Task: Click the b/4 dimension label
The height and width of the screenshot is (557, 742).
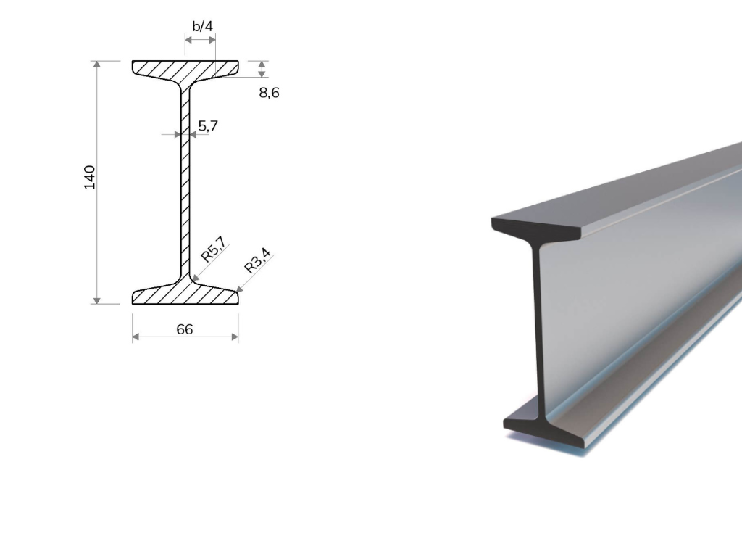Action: point(203,26)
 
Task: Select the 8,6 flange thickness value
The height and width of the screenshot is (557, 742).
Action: point(269,93)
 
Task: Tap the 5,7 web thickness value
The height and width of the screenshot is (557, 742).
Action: point(208,126)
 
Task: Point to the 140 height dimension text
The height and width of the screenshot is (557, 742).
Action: point(89,178)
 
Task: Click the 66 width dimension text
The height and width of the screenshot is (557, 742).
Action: point(185,329)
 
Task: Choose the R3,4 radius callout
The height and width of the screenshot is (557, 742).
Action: point(257,261)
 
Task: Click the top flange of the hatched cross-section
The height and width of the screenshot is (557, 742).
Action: point(185,69)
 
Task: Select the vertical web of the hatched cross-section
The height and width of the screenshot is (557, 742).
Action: point(185,182)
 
